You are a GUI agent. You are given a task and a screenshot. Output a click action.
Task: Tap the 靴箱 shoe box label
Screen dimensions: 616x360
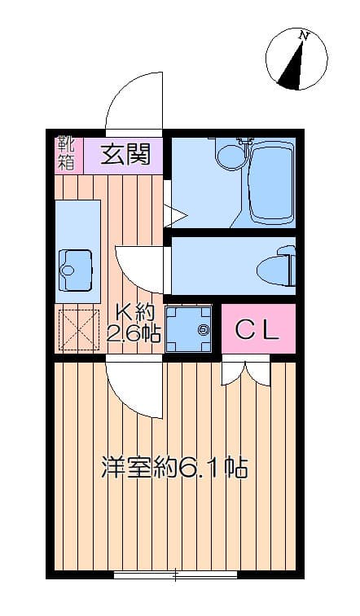pos(65,154)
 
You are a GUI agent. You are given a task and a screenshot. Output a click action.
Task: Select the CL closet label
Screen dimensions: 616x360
pos(257,330)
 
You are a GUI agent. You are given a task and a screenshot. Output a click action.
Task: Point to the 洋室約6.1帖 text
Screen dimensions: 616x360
pos(174,467)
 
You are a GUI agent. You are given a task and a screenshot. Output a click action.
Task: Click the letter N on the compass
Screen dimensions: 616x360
pos(304,35)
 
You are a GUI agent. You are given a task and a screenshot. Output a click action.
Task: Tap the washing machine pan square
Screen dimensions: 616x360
pos(188,329)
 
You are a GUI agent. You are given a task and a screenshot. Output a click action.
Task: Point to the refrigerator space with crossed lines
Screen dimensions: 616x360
pos(77,330)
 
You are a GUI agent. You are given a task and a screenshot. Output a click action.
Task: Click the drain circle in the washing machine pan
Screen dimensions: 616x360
pos(204,329)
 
